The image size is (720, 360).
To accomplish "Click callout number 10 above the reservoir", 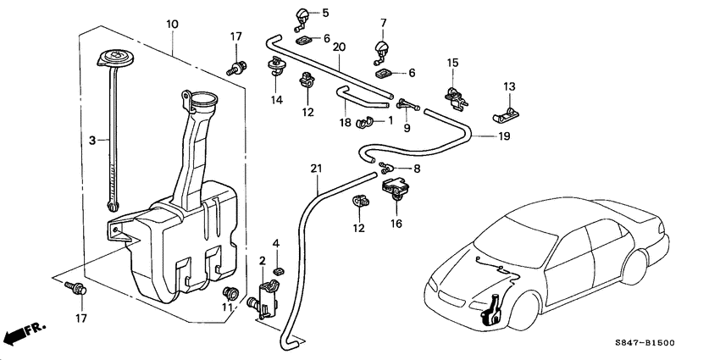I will click(172, 25).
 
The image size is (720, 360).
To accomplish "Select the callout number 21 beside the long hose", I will click(316, 168).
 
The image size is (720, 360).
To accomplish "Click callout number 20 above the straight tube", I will click(338, 48).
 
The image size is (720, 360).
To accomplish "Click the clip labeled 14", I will click(276, 67).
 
